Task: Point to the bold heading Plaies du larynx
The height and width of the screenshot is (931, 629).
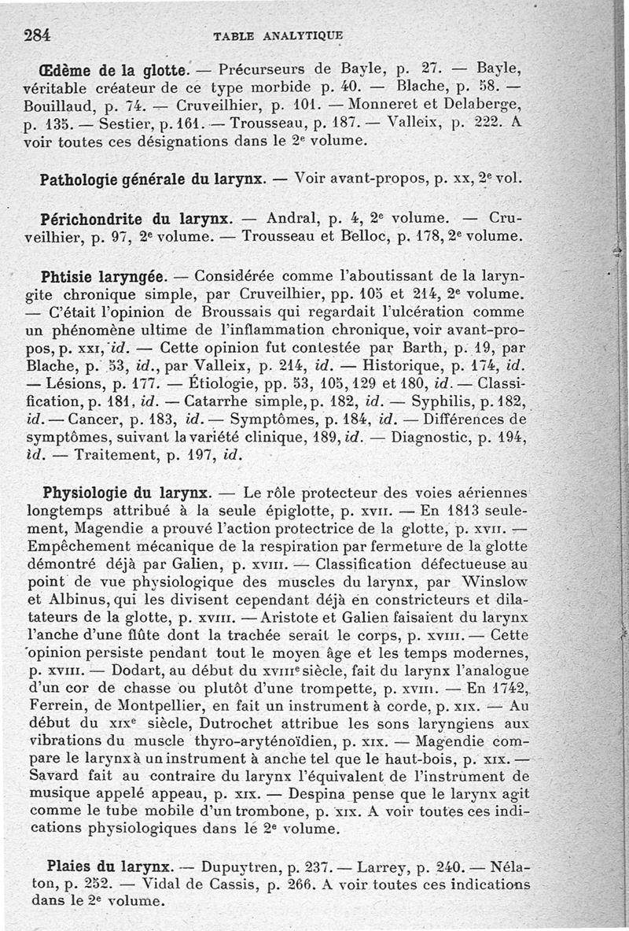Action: [107, 867]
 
